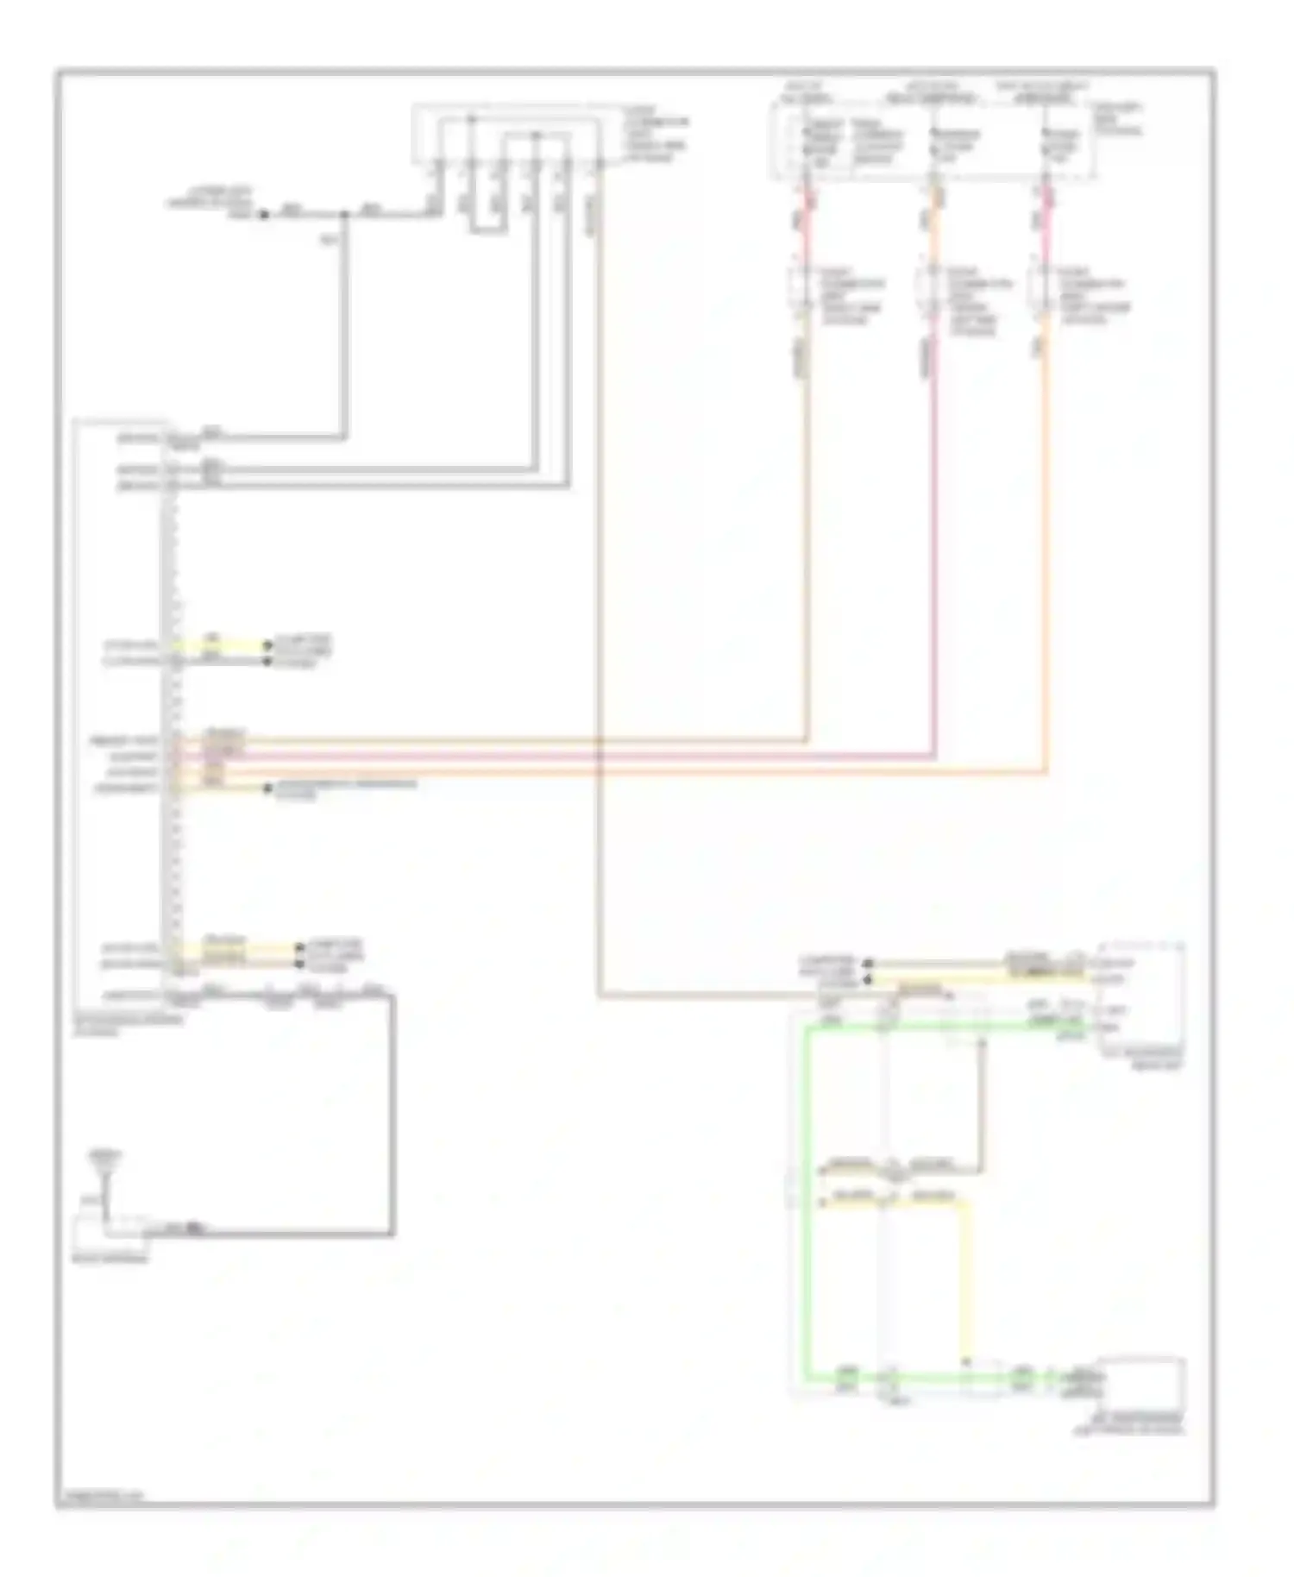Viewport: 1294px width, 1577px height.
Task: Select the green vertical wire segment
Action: (x=807, y=1208)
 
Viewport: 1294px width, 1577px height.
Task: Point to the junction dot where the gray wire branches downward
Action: (x=345, y=214)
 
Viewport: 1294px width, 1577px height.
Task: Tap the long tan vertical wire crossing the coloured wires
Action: (x=599, y=604)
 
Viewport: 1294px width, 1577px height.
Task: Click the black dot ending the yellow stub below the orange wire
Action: (x=267, y=788)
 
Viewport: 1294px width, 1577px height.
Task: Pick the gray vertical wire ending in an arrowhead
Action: (x=981, y=1104)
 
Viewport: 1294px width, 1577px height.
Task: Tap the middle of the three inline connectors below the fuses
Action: (x=931, y=293)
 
